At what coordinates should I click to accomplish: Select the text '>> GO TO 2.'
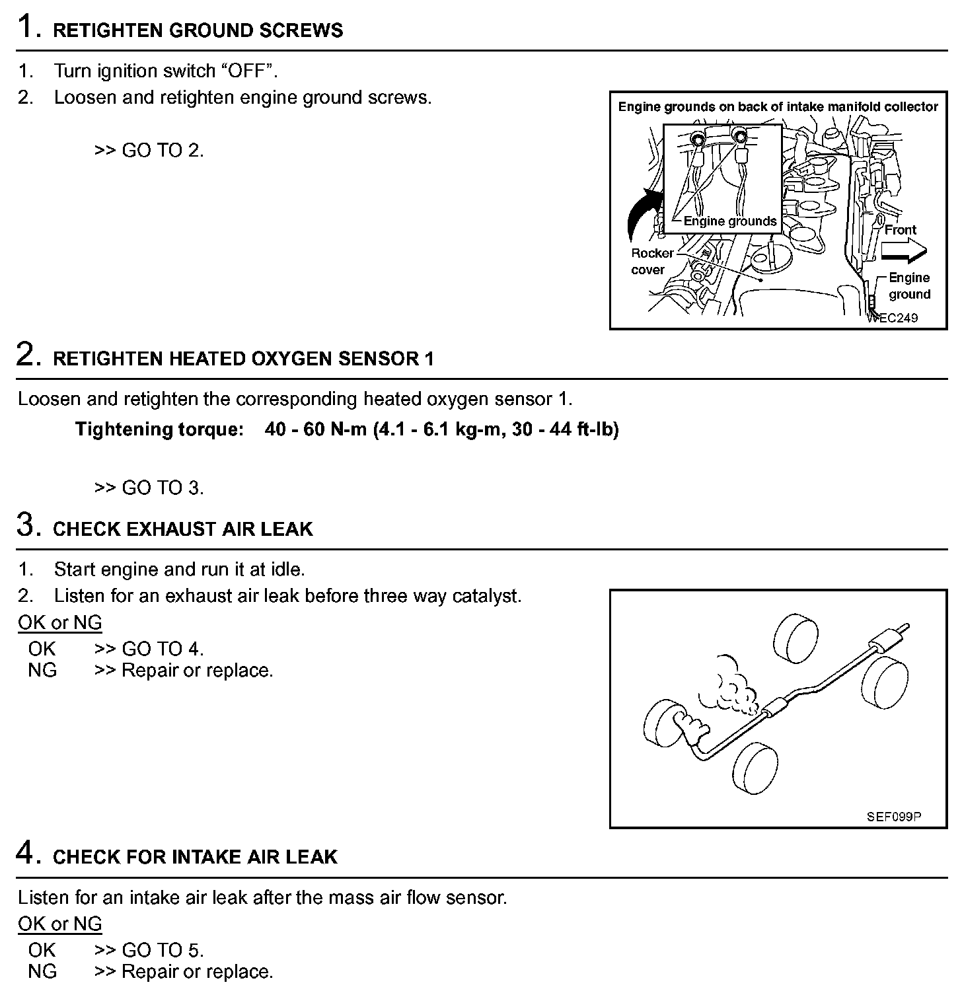point(149,151)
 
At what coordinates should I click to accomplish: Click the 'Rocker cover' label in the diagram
point(651,261)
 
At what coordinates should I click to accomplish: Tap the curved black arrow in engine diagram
point(642,215)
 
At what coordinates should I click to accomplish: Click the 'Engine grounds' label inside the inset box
point(730,221)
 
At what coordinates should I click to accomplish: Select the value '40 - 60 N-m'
point(315,429)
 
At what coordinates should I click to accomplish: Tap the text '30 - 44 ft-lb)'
point(565,429)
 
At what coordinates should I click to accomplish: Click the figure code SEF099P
point(893,817)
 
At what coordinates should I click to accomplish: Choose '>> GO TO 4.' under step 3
point(149,649)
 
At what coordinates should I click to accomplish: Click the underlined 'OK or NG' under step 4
point(60,924)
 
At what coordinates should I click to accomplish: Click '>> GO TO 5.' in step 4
point(149,950)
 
